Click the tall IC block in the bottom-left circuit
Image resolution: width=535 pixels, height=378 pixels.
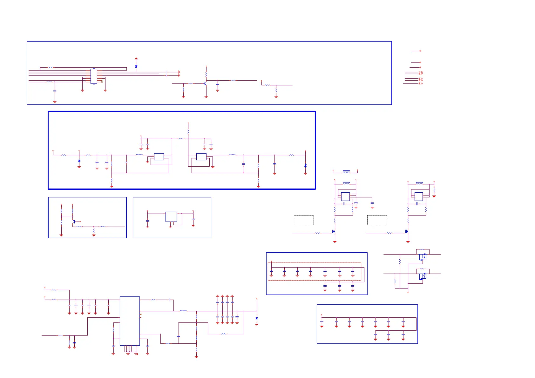(x=130, y=321)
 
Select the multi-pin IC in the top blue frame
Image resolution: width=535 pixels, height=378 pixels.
(x=94, y=76)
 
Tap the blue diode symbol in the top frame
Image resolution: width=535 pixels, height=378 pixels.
(x=136, y=67)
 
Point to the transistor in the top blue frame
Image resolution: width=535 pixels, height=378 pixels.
(x=206, y=84)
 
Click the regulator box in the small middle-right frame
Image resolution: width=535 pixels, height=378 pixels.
(x=171, y=217)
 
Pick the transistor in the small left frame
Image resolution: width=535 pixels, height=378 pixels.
(x=74, y=222)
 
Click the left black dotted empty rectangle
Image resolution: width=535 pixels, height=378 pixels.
(x=304, y=220)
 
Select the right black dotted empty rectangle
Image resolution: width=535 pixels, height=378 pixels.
(x=377, y=220)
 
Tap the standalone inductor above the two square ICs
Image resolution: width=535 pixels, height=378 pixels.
(x=346, y=171)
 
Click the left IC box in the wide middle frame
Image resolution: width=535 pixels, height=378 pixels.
(x=159, y=156)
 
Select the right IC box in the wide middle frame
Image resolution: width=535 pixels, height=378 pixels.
(x=201, y=156)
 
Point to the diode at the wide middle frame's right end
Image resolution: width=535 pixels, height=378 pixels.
(x=305, y=166)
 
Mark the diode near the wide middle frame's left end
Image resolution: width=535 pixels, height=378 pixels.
(x=79, y=161)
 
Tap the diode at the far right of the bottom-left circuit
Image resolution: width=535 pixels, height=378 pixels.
(x=257, y=318)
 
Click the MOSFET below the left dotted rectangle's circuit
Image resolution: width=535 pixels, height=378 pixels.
(x=334, y=232)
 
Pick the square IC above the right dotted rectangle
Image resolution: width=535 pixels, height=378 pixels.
(x=419, y=196)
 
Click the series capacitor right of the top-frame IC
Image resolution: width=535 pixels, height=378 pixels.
(x=166, y=74)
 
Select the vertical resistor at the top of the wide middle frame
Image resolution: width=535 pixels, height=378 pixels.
(x=188, y=131)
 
